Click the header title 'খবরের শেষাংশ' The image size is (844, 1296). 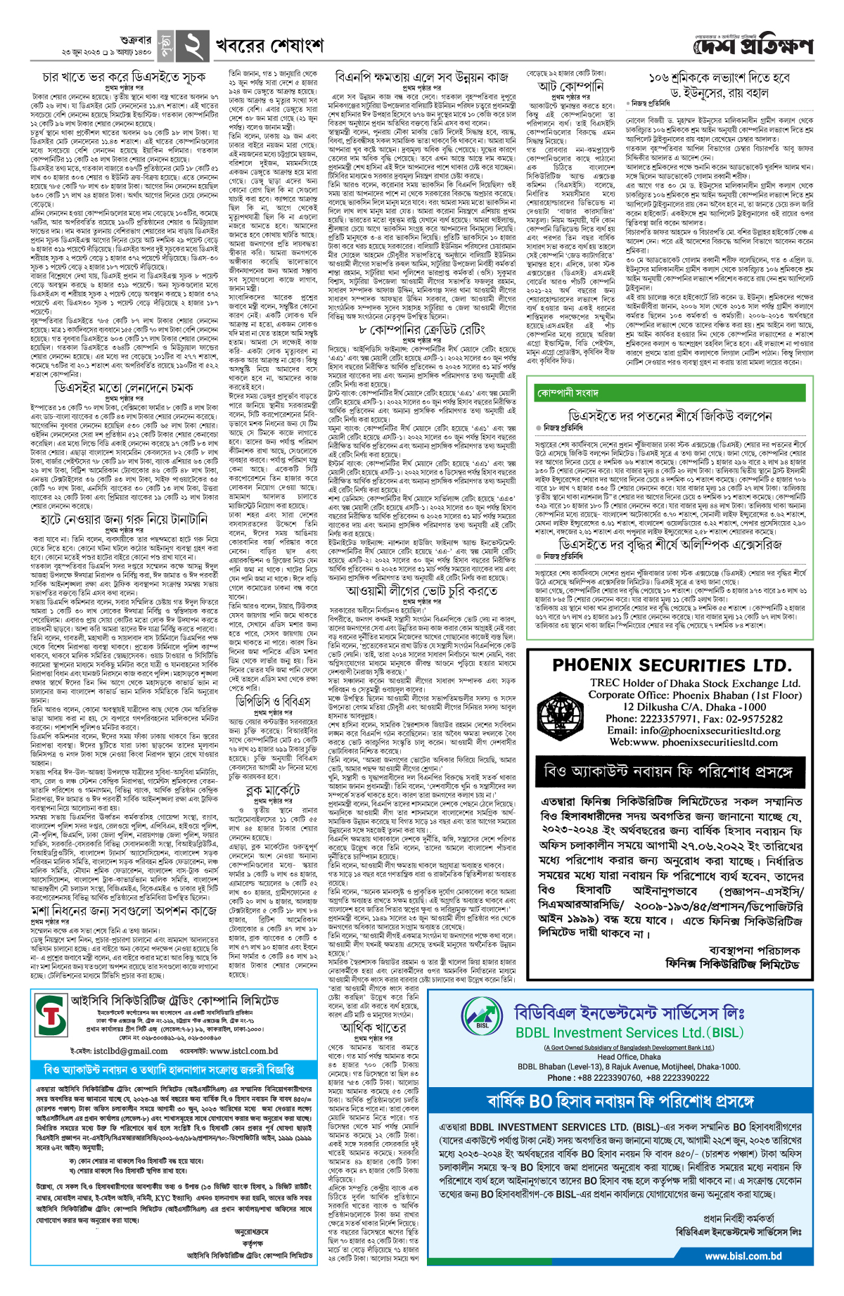point(269,46)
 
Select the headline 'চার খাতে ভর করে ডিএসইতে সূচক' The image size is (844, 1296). point(124,77)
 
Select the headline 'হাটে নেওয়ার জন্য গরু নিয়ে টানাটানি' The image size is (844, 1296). point(123,519)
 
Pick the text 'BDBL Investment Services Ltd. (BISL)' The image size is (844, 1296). point(629,1032)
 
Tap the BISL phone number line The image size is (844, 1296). point(628,1077)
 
